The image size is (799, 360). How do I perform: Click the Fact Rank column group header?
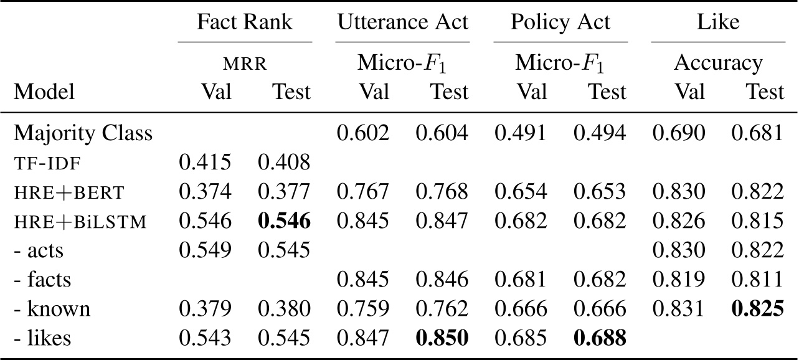pyautogui.click(x=244, y=22)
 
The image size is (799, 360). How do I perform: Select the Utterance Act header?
pyautogui.click(x=402, y=22)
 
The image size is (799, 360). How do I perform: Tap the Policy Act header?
pyautogui.click(x=560, y=22)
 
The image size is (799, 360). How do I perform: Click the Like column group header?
pyautogui.click(x=718, y=22)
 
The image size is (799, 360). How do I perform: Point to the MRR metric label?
pyautogui.click(x=244, y=63)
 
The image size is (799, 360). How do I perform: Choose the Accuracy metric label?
pyautogui.click(x=718, y=63)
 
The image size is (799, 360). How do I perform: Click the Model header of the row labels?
pyautogui.click(x=44, y=92)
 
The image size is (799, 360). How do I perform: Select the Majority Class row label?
pyautogui.click(x=83, y=133)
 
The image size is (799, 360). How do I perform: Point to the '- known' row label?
pyautogui.click(x=52, y=310)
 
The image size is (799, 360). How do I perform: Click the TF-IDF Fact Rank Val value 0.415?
pyautogui.click(x=205, y=163)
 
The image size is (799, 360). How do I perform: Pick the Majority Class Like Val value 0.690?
pyautogui.click(x=679, y=133)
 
